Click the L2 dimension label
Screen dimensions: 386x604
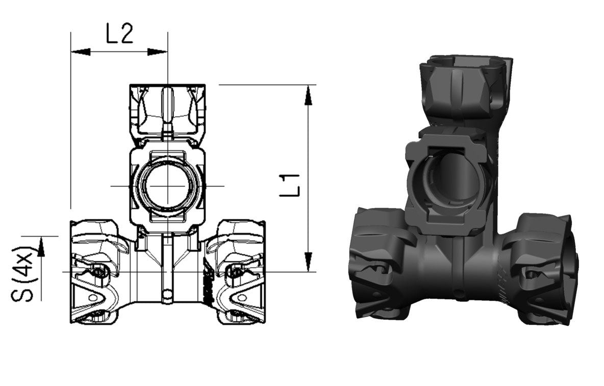tap(119, 34)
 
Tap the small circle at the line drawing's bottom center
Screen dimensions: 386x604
tap(167, 294)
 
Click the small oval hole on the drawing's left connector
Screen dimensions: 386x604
tap(93, 297)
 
